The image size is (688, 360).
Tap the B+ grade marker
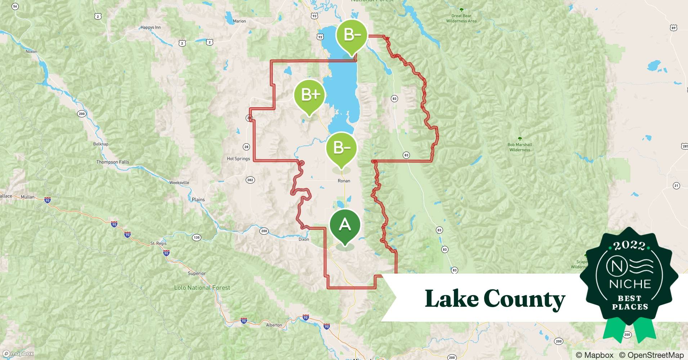(x=309, y=95)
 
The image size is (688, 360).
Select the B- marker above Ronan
(x=341, y=148)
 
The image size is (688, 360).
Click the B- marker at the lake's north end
(x=352, y=35)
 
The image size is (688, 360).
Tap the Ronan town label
(x=344, y=181)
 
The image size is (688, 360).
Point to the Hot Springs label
(x=238, y=158)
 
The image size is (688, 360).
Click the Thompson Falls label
(x=112, y=162)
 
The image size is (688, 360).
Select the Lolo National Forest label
(x=202, y=288)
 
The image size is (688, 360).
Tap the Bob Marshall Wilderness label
(x=519, y=147)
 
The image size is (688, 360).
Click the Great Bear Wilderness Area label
(x=461, y=18)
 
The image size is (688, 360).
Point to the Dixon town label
(x=304, y=239)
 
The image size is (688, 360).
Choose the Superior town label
(x=197, y=273)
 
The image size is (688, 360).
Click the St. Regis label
(x=158, y=243)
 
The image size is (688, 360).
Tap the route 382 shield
(x=250, y=180)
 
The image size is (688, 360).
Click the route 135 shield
(x=197, y=237)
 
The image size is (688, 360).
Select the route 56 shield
(x=15, y=6)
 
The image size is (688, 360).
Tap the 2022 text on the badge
(x=629, y=246)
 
